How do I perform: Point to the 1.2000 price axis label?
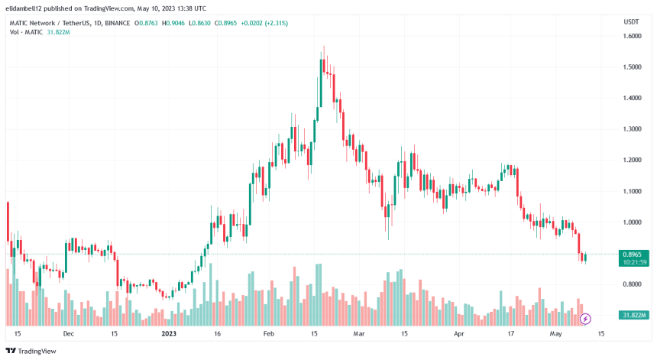pyautogui.click(x=632, y=160)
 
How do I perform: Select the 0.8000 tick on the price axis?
pyautogui.click(x=632, y=284)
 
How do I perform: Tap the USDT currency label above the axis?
pyautogui.click(x=631, y=22)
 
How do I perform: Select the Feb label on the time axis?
pyautogui.click(x=267, y=334)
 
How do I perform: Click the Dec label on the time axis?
pyautogui.click(x=68, y=334)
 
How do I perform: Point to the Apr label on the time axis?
pyautogui.click(x=459, y=334)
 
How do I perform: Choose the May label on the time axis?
pyautogui.click(x=556, y=334)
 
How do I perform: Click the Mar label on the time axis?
pyautogui.click(x=359, y=334)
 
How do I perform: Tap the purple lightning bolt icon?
pyautogui.click(x=585, y=318)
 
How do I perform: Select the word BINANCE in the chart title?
pyautogui.click(x=117, y=23)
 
